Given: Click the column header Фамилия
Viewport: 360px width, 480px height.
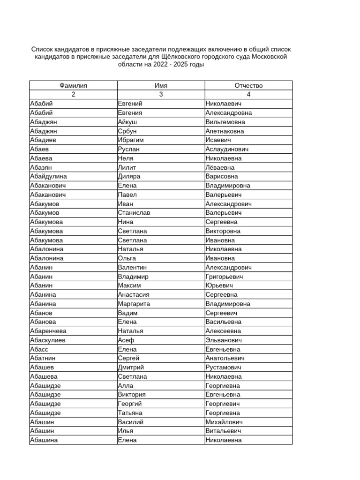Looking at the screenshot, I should (73, 86).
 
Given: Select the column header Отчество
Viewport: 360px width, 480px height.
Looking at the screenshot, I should (248, 86).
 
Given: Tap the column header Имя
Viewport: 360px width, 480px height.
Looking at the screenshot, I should (161, 86).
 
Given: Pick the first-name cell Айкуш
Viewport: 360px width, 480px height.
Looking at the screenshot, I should (127, 122).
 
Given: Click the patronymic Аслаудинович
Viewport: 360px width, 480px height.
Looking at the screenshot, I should (227, 149).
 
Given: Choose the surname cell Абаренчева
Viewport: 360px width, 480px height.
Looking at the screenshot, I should (48, 331).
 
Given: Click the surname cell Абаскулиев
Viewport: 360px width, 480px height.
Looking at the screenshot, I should (48, 340).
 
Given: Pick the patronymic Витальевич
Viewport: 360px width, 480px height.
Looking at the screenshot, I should (223, 431).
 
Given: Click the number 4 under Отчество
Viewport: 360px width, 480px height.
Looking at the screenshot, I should (248, 95).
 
